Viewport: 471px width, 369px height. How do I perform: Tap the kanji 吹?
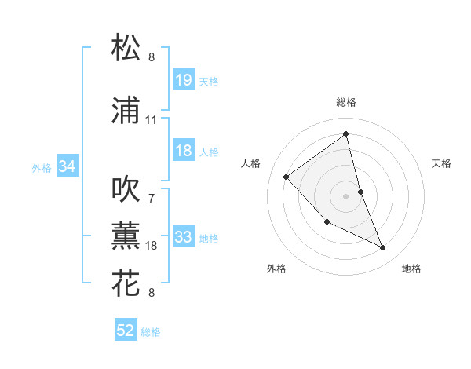(x=126, y=188)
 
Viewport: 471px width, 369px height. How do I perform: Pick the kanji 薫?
(x=126, y=235)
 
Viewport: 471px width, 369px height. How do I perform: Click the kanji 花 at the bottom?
(x=126, y=283)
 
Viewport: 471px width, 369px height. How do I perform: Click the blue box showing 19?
(x=183, y=81)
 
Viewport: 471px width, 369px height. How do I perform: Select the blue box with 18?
(x=183, y=152)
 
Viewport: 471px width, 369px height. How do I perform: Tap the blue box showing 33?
(x=183, y=238)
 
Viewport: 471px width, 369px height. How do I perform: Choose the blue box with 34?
(x=67, y=166)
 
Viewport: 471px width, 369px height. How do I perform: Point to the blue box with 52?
(x=126, y=331)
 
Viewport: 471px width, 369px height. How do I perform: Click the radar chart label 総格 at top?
(x=346, y=102)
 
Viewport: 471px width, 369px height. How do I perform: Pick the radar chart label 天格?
(x=442, y=163)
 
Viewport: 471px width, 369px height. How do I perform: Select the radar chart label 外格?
(x=276, y=269)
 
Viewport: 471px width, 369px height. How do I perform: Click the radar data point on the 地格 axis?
(x=383, y=248)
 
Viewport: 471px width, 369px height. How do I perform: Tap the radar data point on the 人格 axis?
(x=287, y=177)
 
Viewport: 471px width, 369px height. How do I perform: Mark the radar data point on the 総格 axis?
(x=346, y=133)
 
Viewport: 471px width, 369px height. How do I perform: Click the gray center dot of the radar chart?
(x=346, y=195)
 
